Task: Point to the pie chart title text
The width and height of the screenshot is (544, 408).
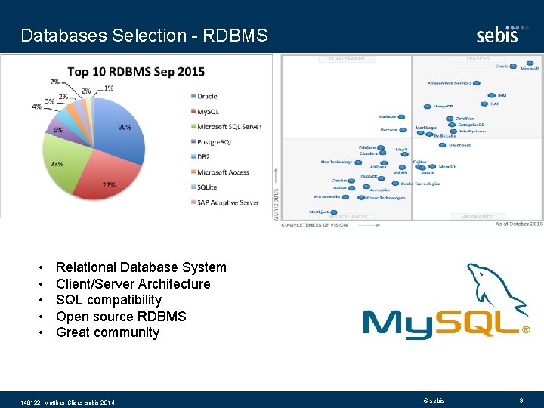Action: tap(136, 72)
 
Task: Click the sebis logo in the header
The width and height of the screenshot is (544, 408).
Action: tap(497, 34)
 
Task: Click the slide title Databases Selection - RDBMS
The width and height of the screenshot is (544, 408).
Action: tap(144, 36)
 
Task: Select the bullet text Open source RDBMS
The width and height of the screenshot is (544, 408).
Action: tap(121, 317)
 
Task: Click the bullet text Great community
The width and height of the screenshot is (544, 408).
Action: tap(107, 332)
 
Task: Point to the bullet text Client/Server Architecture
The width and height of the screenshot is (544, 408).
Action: tap(133, 284)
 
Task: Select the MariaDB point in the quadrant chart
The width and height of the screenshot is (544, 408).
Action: tap(401, 116)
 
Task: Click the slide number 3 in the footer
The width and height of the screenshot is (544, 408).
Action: tap(521, 400)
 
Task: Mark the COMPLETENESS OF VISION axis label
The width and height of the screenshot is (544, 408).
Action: tap(314, 224)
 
